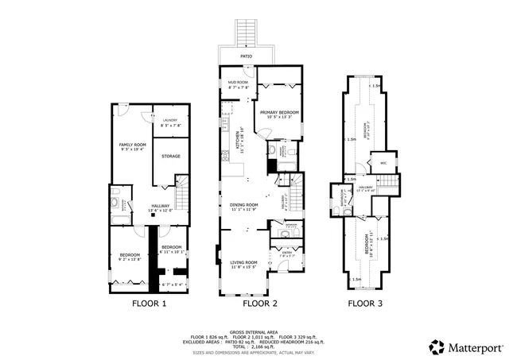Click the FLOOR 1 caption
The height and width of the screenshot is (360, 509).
click(149, 304)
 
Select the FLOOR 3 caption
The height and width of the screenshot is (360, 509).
click(366, 304)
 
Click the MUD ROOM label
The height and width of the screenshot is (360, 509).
click(239, 82)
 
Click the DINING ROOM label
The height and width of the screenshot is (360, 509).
click(244, 206)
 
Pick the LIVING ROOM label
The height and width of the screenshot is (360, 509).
click(244, 261)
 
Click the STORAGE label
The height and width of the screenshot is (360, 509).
click(171, 156)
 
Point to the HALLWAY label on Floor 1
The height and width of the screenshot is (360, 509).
click(161, 206)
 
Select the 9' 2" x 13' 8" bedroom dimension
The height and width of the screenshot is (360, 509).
click(130, 258)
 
